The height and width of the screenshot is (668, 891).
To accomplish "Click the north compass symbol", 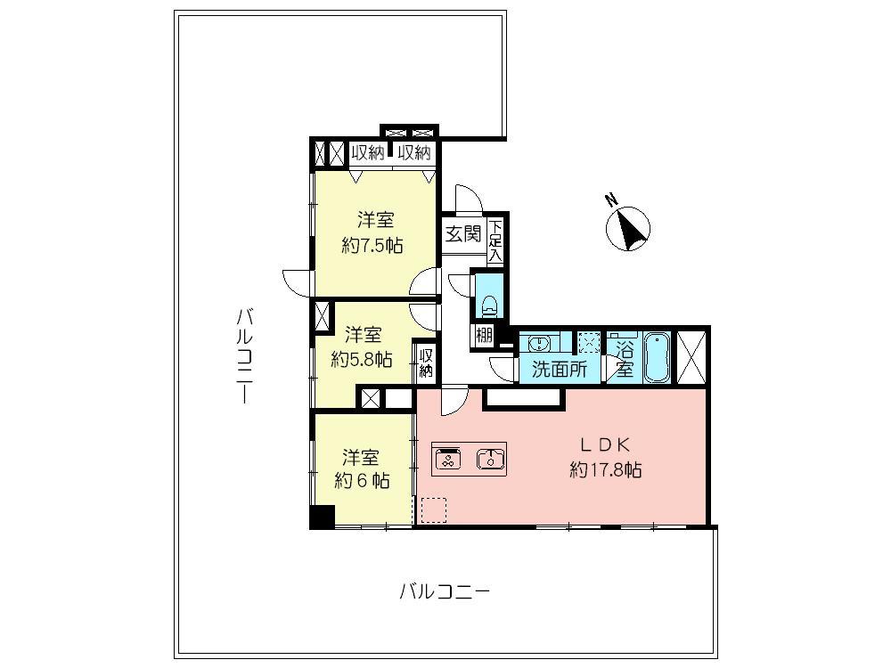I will tap(629, 228).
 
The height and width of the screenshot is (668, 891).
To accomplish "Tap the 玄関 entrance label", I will tap(463, 235).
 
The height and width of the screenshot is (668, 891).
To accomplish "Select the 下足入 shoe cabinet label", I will tap(495, 240).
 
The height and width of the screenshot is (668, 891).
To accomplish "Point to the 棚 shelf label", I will tap(483, 336).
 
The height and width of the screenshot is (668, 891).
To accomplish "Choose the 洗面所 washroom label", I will tap(559, 370).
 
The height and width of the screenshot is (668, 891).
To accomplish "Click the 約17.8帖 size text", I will tap(605, 469).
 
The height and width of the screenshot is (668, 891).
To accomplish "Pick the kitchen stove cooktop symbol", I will tap(447, 459).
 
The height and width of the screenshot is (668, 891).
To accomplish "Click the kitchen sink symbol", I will tap(491, 459).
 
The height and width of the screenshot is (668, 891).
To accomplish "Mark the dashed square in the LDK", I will tap(434, 509).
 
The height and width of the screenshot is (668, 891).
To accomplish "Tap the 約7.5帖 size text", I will tap(372, 245).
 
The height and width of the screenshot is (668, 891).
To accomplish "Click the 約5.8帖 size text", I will tap(362, 359).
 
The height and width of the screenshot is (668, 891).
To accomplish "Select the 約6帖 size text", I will tap(361, 481).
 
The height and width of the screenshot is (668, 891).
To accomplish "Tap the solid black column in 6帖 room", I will tap(322, 517).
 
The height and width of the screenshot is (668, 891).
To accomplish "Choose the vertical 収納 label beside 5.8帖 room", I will tap(426, 363).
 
